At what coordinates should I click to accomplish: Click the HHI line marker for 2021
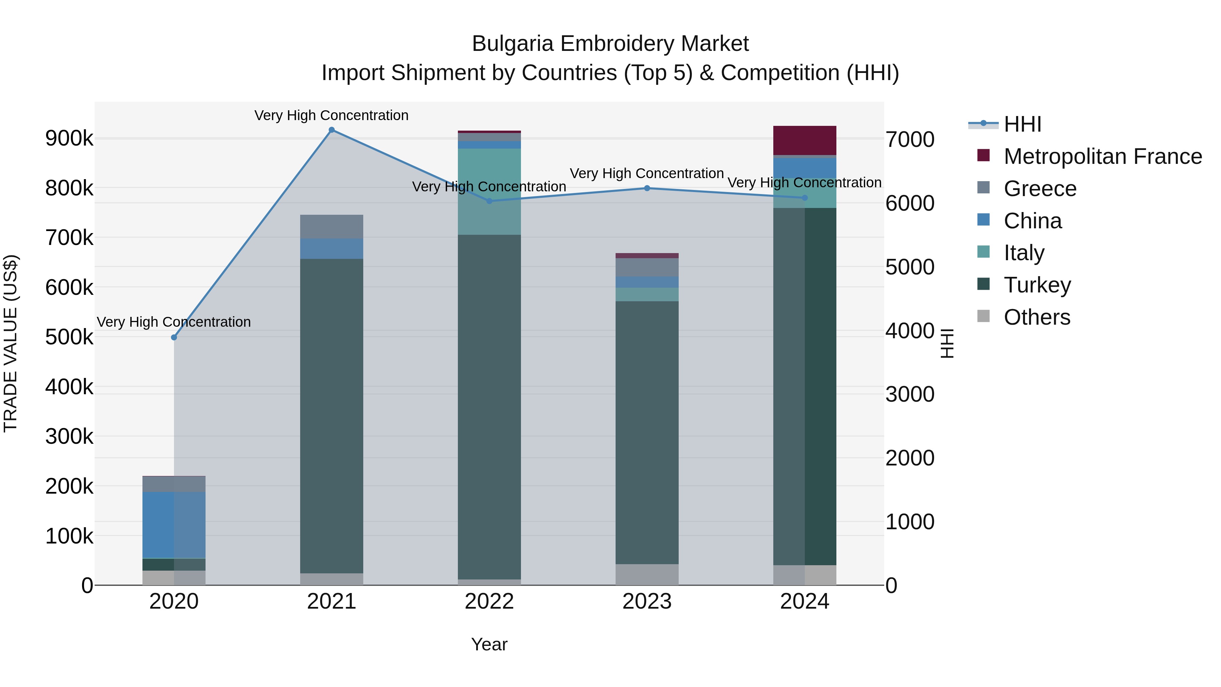click(331, 130)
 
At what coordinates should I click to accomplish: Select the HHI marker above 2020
click(174, 337)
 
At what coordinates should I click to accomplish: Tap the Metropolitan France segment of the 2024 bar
click(805, 140)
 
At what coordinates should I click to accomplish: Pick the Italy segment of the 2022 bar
click(489, 192)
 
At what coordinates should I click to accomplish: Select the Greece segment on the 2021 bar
click(331, 227)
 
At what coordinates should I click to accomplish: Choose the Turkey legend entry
click(1037, 285)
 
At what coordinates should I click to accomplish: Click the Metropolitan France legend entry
click(1103, 156)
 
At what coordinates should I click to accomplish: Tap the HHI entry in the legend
click(1022, 124)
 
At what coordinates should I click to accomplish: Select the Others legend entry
click(1036, 317)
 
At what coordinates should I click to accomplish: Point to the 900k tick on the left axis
click(69, 138)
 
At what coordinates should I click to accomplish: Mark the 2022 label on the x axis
click(489, 602)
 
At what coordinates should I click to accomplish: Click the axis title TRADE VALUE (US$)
click(11, 343)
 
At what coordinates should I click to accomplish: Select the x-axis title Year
click(489, 644)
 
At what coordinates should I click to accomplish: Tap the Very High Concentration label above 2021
click(331, 115)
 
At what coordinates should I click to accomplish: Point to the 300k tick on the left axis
click(69, 436)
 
